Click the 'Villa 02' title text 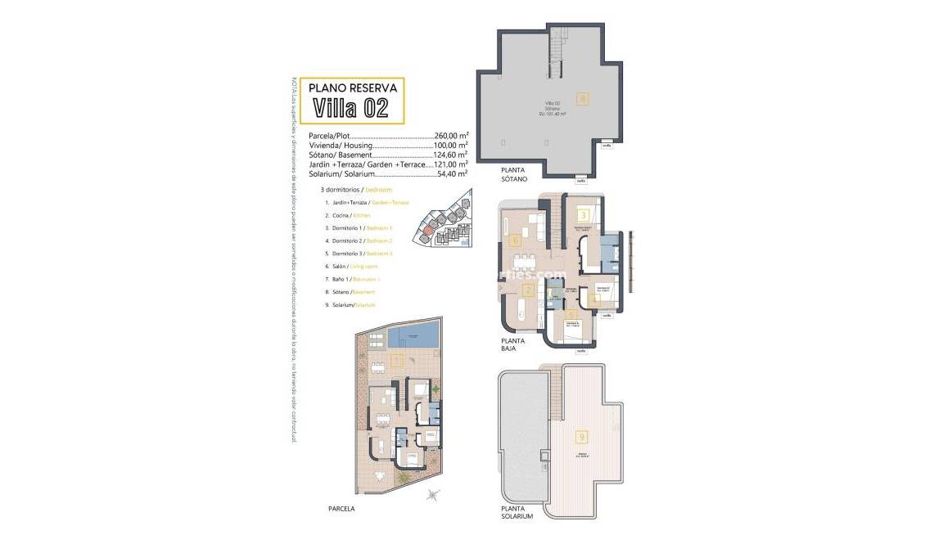[350, 108]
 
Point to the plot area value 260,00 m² [451, 136]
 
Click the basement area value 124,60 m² [451, 155]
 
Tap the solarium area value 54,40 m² [451, 173]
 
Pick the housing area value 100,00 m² [451, 145]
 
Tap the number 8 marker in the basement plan [582, 99]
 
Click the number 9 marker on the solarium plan [582, 437]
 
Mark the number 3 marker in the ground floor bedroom [583, 216]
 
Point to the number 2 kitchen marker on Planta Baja [528, 290]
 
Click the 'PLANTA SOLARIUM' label [517, 512]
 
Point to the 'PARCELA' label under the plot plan [341, 508]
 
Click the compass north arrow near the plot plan [433, 494]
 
